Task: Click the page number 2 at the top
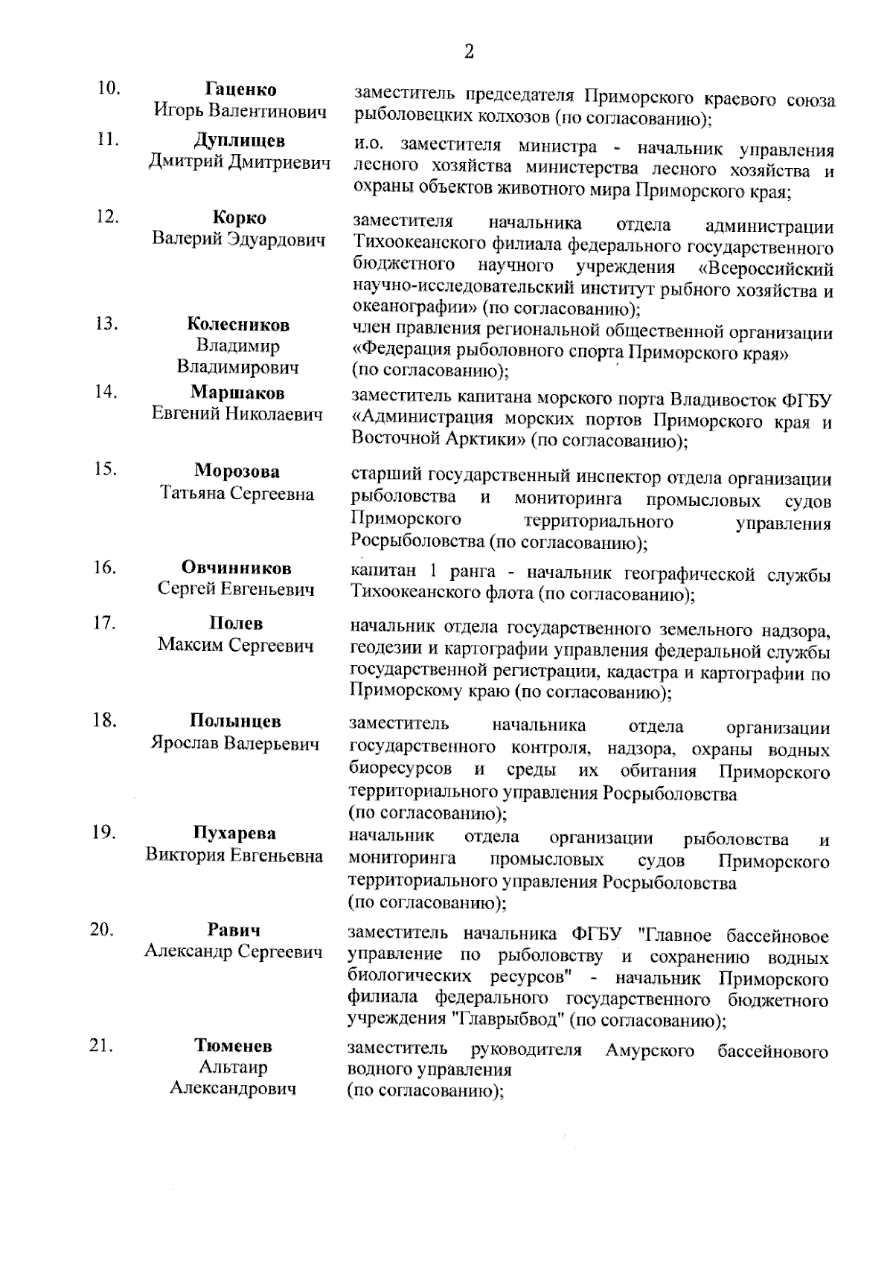(x=468, y=51)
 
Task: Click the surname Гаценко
(x=240, y=90)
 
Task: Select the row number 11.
(x=108, y=139)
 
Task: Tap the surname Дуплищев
(x=240, y=141)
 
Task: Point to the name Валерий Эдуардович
(x=239, y=240)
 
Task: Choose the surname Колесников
(x=238, y=324)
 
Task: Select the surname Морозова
(x=237, y=472)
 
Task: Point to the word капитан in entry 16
(x=380, y=574)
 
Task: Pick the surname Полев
(x=236, y=623)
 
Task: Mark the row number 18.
(x=105, y=720)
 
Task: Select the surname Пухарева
(x=234, y=833)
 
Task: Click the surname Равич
(x=234, y=930)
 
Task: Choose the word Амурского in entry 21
(x=650, y=1050)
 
